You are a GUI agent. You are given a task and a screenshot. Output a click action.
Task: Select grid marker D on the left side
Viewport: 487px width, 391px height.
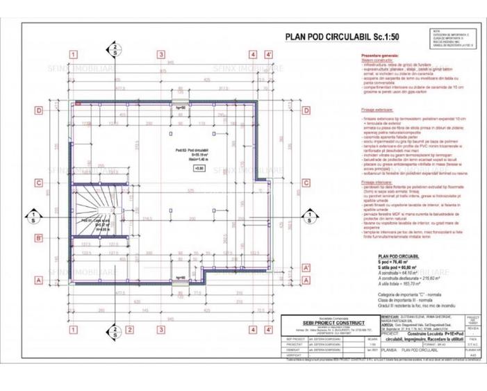tap(39, 109)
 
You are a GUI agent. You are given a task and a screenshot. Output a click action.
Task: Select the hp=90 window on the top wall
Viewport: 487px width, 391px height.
tap(179, 108)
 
